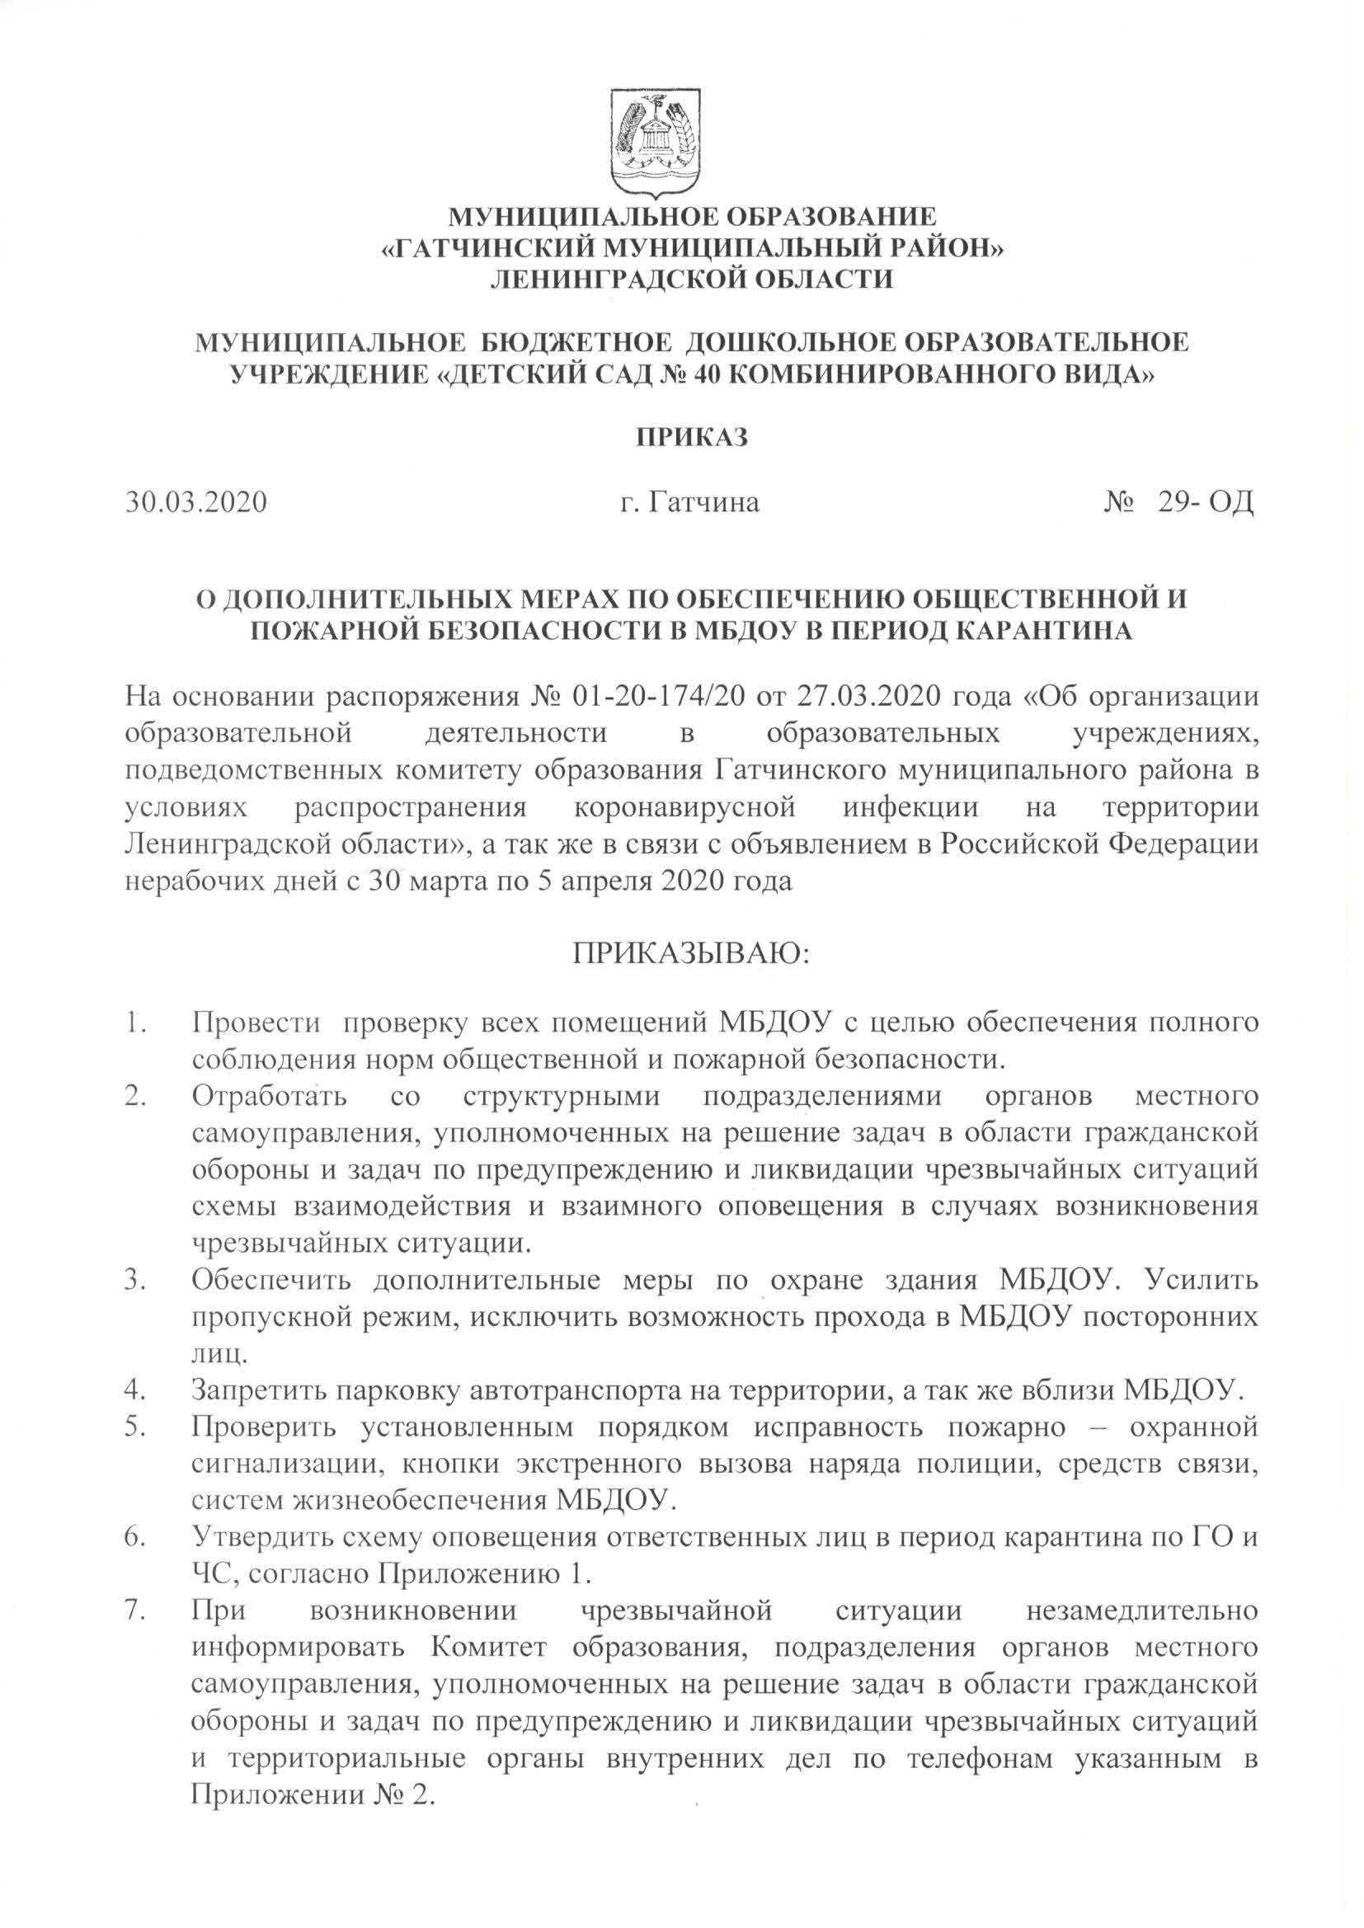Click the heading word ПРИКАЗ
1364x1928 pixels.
(692, 439)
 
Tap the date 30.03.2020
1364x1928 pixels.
(196, 502)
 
